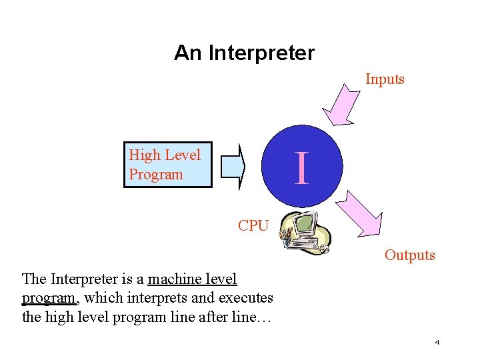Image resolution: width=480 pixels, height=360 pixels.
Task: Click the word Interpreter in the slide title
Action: click(x=261, y=53)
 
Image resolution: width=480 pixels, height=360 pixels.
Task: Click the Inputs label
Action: click(x=385, y=79)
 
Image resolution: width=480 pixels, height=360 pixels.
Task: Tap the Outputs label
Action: click(x=409, y=255)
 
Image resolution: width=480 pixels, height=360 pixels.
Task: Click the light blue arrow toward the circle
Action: click(x=233, y=165)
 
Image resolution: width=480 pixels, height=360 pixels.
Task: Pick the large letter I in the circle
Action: click(x=302, y=168)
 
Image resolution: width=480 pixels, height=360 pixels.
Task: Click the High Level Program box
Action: click(x=167, y=165)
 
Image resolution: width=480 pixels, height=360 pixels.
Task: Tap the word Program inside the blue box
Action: click(x=155, y=175)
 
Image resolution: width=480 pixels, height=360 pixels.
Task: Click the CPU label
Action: click(x=253, y=226)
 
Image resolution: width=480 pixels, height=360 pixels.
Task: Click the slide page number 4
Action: click(x=437, y=342)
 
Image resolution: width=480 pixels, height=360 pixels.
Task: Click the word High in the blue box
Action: click(x=145, y=155)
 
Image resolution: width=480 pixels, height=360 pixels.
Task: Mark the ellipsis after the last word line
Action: click(x=261, y=317)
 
